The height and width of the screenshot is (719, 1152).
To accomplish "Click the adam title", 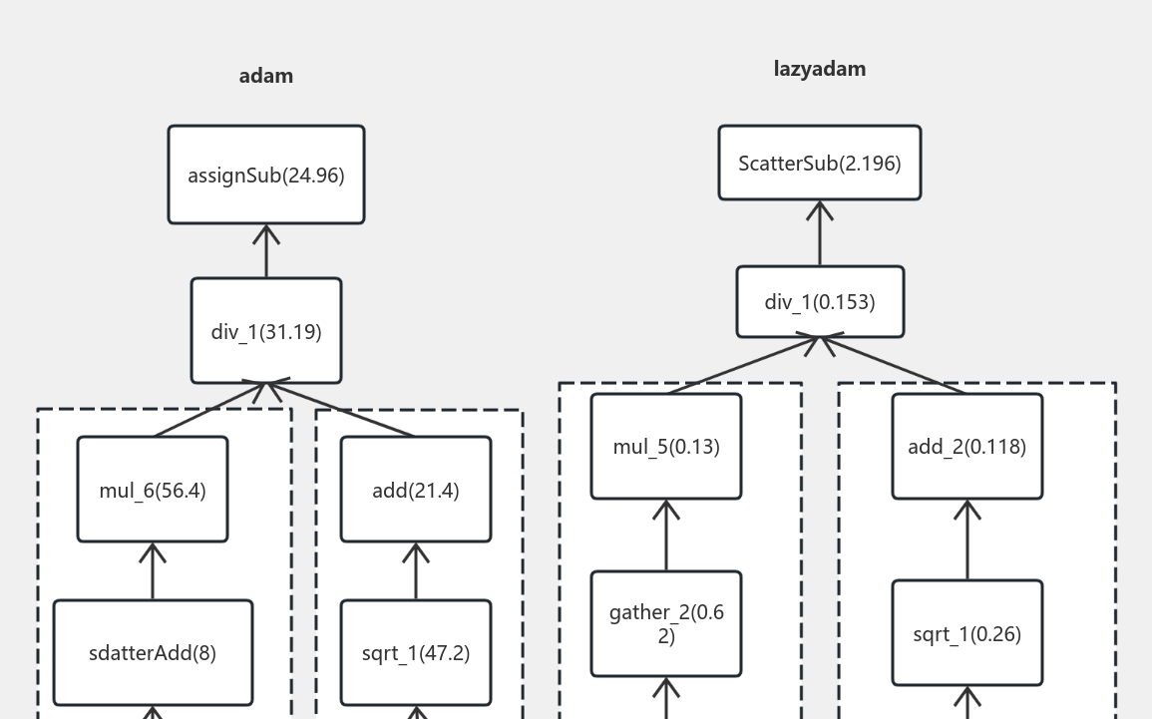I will [x=265, y=76].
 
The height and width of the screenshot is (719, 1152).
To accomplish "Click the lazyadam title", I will [x=819, y=69].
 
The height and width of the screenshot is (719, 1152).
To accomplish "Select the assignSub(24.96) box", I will [x=266, y=175].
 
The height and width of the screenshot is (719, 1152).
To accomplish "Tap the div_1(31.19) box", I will [x=266, y=331].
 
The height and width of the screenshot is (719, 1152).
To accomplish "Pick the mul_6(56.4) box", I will [x=153, y=490].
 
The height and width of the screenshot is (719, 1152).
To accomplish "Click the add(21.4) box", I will [x=416, y=490].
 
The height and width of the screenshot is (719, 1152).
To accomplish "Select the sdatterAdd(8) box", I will [x=153, y=653].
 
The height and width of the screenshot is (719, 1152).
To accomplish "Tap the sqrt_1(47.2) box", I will [x=416, y=653].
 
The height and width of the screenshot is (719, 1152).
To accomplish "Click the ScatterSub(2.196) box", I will [x=819, y=163].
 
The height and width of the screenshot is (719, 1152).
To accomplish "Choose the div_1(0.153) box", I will [x=820, y=301].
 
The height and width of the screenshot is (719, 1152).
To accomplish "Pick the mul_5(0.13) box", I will [x=666, y=446].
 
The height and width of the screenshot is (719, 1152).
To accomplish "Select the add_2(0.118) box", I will [x=966, y=446].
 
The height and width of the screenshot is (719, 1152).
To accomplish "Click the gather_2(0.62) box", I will [x=666, y=623].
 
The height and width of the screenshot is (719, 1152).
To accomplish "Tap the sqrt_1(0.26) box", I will [x=966, y=633].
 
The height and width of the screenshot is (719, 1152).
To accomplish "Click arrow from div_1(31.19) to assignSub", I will [x=266, y=251].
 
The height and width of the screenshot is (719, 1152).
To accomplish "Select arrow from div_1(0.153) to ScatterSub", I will [x=820, y=233].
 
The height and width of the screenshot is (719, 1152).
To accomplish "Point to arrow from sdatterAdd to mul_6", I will [x=153, y=571].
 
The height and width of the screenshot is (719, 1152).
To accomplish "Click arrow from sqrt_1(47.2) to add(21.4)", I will [x=416, y=571].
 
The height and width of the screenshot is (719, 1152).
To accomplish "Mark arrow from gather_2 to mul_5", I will [x=666, y=536].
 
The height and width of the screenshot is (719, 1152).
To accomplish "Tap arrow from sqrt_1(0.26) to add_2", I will [x=966, y=540].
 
